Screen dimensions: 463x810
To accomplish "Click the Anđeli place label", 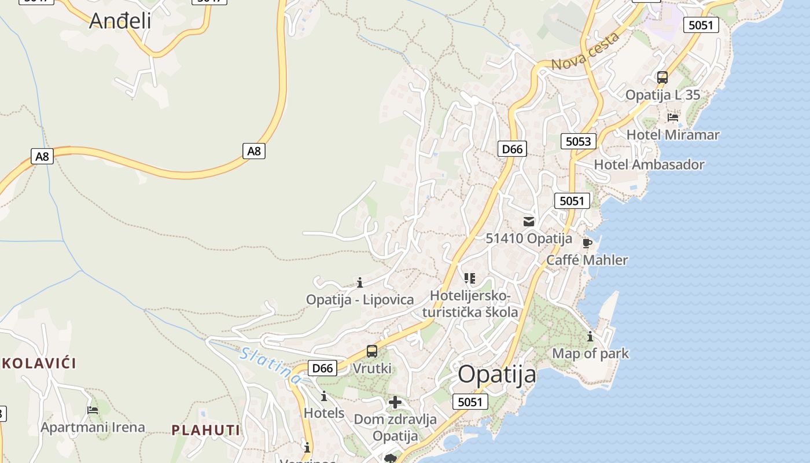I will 120,21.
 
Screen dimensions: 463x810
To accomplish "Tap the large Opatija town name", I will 497,374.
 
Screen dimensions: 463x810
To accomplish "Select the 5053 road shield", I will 578,141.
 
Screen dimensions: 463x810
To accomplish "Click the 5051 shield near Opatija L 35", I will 701,25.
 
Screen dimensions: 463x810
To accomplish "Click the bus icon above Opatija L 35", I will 662,77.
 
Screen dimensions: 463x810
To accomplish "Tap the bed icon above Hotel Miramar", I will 672,117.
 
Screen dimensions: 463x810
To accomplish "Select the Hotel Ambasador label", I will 649,164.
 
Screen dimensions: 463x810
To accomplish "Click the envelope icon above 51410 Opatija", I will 528,221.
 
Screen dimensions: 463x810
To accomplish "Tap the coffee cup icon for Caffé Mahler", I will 587,243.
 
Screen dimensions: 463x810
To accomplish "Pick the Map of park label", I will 590,353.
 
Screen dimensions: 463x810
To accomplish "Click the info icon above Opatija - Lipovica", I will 360,282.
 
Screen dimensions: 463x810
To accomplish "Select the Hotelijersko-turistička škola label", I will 470,304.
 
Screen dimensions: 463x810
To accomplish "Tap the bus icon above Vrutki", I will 372,351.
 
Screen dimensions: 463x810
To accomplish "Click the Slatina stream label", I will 271,366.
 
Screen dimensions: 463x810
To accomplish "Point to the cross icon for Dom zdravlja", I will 395,402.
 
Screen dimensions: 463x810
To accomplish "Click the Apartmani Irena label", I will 93,427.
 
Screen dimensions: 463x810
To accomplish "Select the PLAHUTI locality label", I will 206,429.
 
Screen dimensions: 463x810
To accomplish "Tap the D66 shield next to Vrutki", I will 322,368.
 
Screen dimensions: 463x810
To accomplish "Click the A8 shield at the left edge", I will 42,156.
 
